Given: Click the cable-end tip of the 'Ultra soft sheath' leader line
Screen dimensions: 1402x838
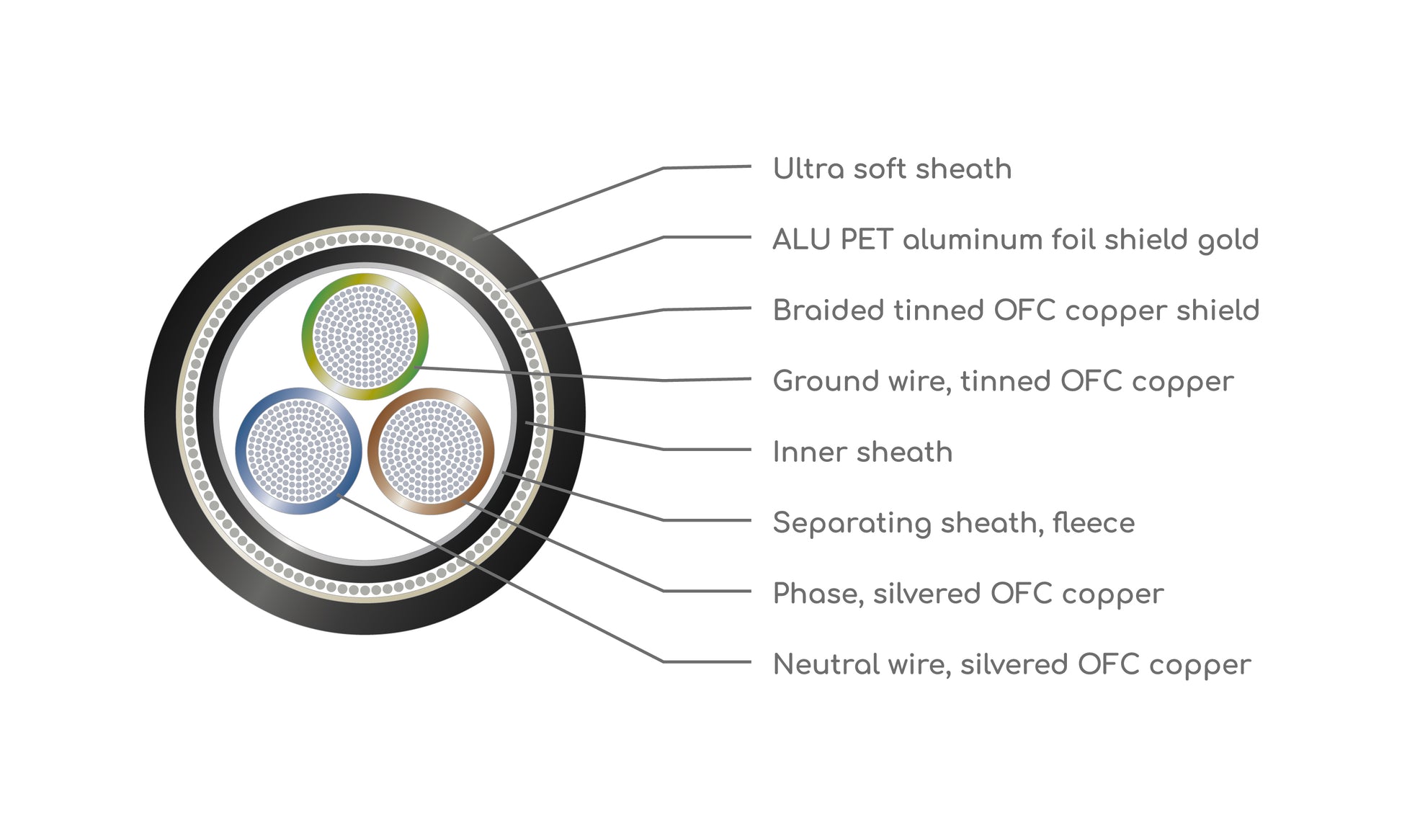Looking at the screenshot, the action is coord(474,238).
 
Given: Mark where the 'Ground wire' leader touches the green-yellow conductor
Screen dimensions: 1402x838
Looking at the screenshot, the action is coord(416,367).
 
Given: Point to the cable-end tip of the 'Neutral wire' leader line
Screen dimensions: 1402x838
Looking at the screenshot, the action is coord(339,496).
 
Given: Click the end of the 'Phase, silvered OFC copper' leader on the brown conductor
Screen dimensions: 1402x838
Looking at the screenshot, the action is coord(465,502).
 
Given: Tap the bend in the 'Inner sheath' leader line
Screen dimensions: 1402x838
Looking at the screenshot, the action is coord(663,450).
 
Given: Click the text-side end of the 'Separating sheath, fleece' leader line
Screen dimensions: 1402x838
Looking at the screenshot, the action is coord(751,520).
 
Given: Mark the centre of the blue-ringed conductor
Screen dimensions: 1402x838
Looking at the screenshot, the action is coord(299,451).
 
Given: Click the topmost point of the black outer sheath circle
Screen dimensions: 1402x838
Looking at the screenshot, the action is coord(365,195).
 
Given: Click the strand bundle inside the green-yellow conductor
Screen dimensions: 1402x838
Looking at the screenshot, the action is coord(365,336).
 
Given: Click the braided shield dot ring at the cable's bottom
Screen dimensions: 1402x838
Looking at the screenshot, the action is coord(365,590).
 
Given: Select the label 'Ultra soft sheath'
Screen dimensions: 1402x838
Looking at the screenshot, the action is coord(892,169).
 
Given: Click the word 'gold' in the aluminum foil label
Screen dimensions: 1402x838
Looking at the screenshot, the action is coord(1228,241).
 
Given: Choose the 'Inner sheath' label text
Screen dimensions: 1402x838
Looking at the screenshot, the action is coord(862,452).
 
